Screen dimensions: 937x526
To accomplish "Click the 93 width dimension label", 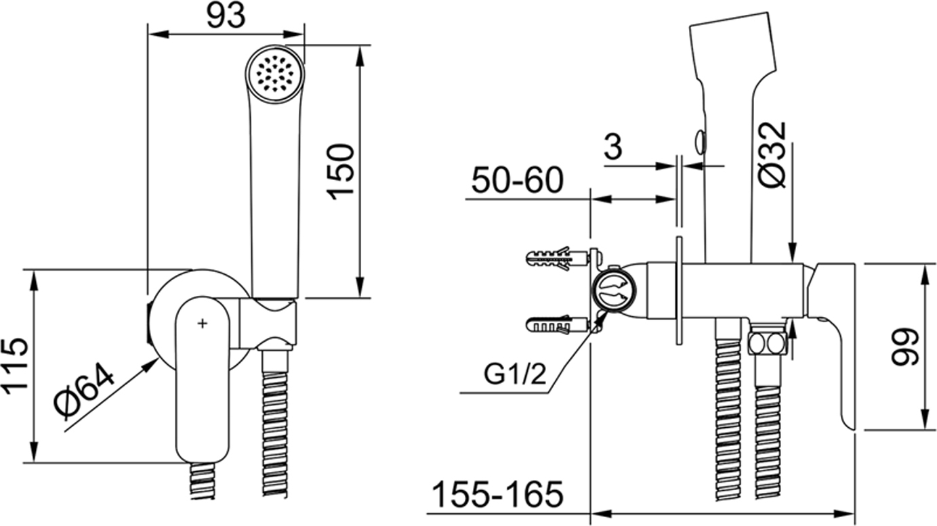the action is click(x=226, y=16).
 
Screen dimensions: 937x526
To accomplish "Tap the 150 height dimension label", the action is click(x=341, y=172).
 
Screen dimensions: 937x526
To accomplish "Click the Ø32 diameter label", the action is click(x=772, y=154).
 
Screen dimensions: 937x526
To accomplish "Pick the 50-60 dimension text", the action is click(x=518, y=180).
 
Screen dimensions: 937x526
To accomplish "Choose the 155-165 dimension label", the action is click(x=498, y=494).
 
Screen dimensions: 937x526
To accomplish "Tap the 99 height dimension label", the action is click(x=904, y=347).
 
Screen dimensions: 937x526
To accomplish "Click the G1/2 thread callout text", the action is click(x=515, y=374).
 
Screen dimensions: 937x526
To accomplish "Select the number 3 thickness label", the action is click(x=613, y=146).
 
